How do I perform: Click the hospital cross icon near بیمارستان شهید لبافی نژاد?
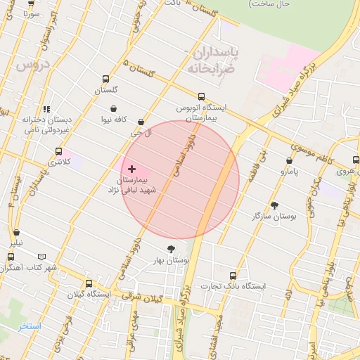pos(131,169)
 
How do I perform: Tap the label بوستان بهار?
pos(171,261)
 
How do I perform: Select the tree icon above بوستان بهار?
pos(171,248)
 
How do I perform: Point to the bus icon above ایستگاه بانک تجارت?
pos(233,275)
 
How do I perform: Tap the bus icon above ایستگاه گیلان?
pos(89,283)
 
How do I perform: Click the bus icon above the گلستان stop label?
pos(106,79)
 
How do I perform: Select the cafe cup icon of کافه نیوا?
pos(112,109)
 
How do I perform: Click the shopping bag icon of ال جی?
pos(141,122)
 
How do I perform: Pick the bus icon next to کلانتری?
pos(59,151)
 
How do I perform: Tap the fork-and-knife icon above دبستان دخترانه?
pos(47,109)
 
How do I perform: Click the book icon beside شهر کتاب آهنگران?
pos(42,257)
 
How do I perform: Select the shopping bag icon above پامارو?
pos(290,160)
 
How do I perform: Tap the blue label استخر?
pos(30,327)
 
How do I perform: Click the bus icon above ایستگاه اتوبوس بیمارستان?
pos(202,97)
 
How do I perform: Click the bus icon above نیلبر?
pos(16,233)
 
